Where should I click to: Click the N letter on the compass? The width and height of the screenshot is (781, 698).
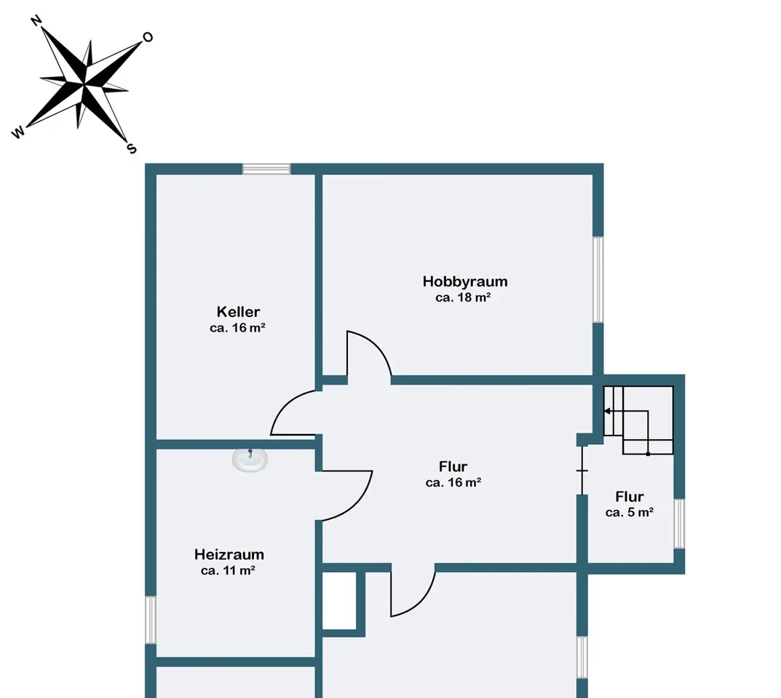(x=36, y=20)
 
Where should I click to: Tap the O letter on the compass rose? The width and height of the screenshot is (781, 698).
(x=148, y=37)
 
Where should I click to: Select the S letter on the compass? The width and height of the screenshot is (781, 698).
(x=132, y=148)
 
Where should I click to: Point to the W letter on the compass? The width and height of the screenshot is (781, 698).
(x=18, y=132)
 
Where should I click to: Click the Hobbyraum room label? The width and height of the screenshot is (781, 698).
(x=465, y=281)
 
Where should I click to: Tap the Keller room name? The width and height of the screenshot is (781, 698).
(x=238, y=312)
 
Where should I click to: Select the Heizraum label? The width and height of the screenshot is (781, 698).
(x=229, y=554)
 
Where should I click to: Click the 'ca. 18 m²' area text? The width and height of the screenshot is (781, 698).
(x=463, y=297)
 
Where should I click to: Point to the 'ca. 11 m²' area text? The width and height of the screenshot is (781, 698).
(x=228, y=571)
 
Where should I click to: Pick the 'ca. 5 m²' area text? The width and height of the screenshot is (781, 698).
(x=630, y=513)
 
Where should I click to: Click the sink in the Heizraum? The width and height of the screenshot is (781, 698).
(x=250, y=460)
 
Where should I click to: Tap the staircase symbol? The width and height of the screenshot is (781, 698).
(x=638, y=420)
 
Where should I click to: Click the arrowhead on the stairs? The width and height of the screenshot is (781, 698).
(x=607, y=411)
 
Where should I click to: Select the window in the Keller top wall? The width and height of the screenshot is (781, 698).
(x=266, y=169)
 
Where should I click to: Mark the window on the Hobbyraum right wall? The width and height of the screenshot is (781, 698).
(x=598, y=280)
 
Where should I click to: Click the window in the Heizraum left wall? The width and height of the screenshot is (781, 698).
(x=151, y=620)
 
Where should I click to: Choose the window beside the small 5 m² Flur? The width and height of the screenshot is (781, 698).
(x=679, y=524)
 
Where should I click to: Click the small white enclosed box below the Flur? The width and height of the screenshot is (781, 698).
(x=339, y=601)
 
